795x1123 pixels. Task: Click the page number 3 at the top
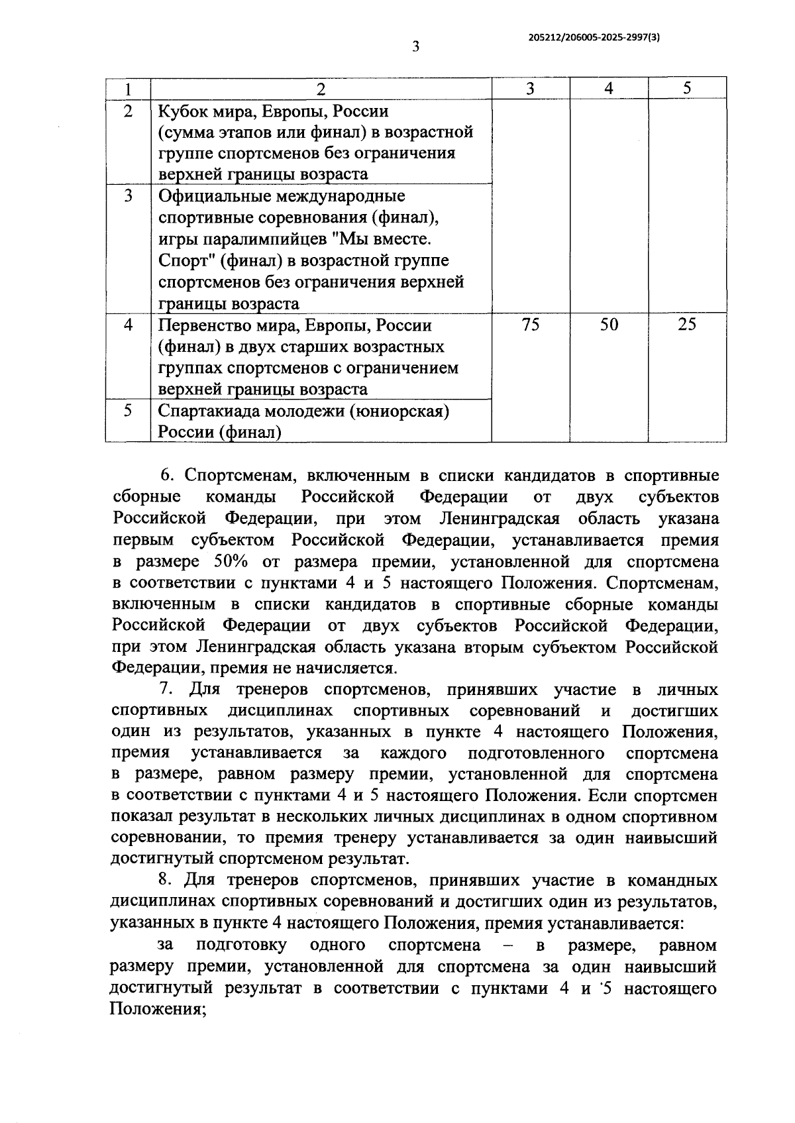(415, 46)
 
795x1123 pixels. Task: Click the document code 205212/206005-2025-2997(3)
(594, 38)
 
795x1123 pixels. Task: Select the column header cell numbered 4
(608, 88)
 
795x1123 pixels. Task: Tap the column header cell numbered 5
(687, 88)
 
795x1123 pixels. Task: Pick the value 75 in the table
(530, 325)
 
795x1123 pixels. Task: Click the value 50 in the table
(608, 325)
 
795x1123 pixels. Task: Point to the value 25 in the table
(687, 325)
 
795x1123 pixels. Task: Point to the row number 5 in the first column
(128, 411)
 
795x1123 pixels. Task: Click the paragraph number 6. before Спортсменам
(167, 476)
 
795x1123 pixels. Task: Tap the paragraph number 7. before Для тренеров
(167, 690)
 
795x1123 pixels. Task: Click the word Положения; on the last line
(156, 1009)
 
